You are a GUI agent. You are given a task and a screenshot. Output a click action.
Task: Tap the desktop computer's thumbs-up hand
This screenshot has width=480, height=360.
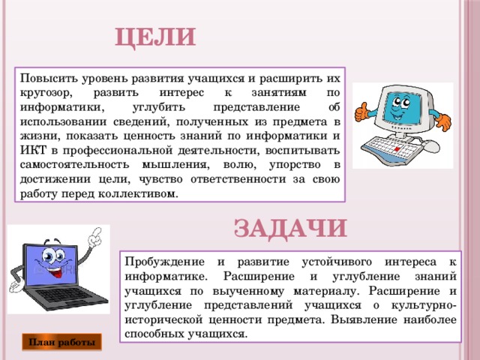(x=362, y=112)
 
